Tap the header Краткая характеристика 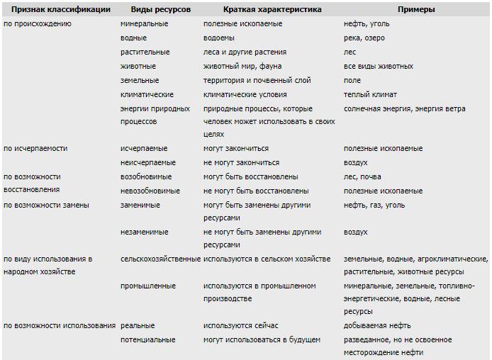262,9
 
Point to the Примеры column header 416,9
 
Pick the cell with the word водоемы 219,38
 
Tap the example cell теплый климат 370,94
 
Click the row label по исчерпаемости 35,149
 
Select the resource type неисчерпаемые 148,162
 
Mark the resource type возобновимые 147,176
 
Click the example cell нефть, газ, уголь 374,205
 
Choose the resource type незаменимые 145,232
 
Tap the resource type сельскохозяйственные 160,259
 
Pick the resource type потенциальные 148,339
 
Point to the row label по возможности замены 46,205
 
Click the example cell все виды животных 379,66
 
